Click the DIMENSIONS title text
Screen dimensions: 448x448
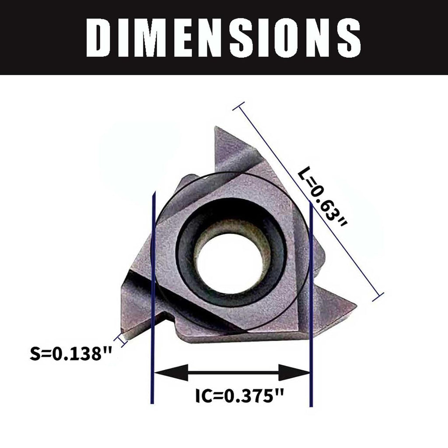click(x=224, y=38)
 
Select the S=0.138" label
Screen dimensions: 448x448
click(x=70, y=353)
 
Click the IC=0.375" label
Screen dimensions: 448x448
click(x=240, y=395)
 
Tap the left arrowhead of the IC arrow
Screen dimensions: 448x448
click(x=171, y=373)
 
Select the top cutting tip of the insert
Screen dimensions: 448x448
click(x=215, y=127)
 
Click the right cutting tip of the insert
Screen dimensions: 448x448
click(x=355, y=305)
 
